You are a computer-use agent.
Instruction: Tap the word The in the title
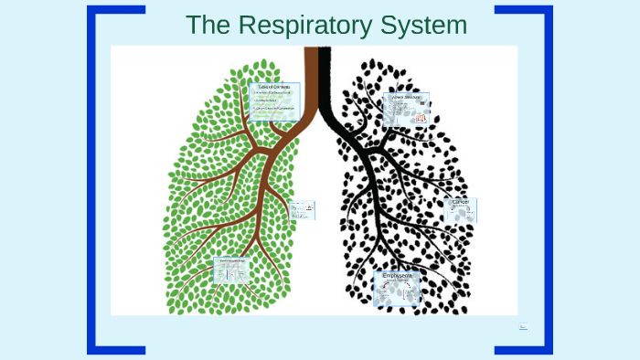(206, 25)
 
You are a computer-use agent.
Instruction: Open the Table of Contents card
(274, 101)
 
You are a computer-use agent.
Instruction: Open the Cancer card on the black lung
(460, 210)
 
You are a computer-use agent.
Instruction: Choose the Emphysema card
(397, 288)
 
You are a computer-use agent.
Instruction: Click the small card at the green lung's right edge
(303, 210)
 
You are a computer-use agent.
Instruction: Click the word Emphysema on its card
(397, 275)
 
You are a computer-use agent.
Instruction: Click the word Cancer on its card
(461, 202)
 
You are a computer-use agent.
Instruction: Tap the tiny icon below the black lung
(523, 325)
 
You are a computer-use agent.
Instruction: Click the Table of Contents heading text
(274, 86)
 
